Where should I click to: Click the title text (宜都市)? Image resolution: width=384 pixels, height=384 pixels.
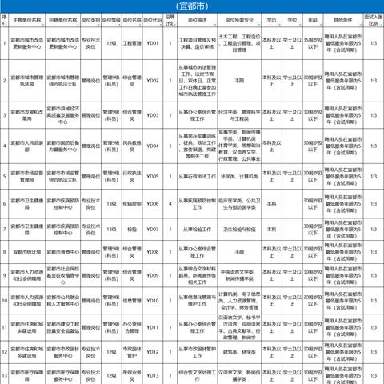(x=193, y=6)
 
